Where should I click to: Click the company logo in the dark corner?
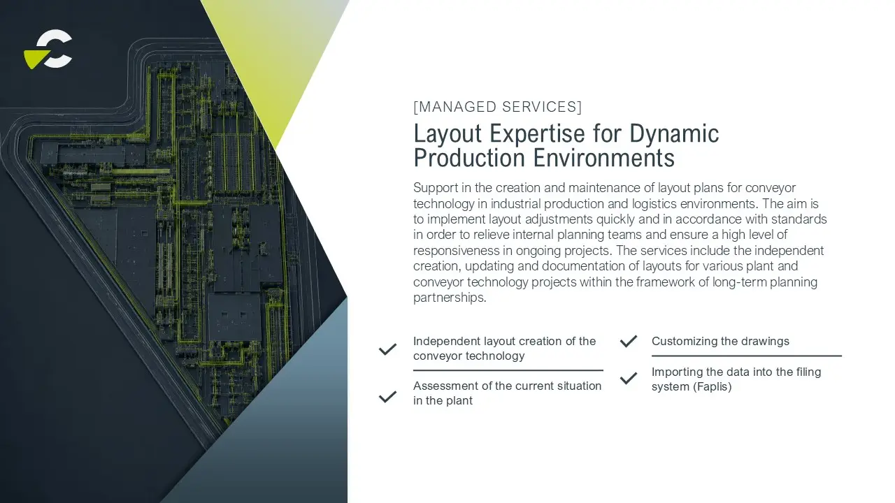coord(48,49)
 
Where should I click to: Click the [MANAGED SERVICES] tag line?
coord(497,107)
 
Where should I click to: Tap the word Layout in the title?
coord(447,134)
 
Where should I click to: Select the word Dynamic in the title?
coord(674,134)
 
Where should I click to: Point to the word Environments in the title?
coord(603,158)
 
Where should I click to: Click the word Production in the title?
coord(469,158)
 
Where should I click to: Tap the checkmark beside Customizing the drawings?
coord(629,342)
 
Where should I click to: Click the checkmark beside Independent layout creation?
coord(387,349)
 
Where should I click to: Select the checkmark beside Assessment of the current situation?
coord(387,396)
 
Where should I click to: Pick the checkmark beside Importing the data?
coord(629,378)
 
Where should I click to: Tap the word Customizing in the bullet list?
coord(681,342)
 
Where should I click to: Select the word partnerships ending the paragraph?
coord(450,298)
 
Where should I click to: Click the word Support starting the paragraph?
coord(436,188)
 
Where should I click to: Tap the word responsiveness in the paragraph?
coord(463,251)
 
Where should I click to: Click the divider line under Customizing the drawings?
coord(747,356)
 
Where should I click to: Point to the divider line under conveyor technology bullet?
coord(508,370)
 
